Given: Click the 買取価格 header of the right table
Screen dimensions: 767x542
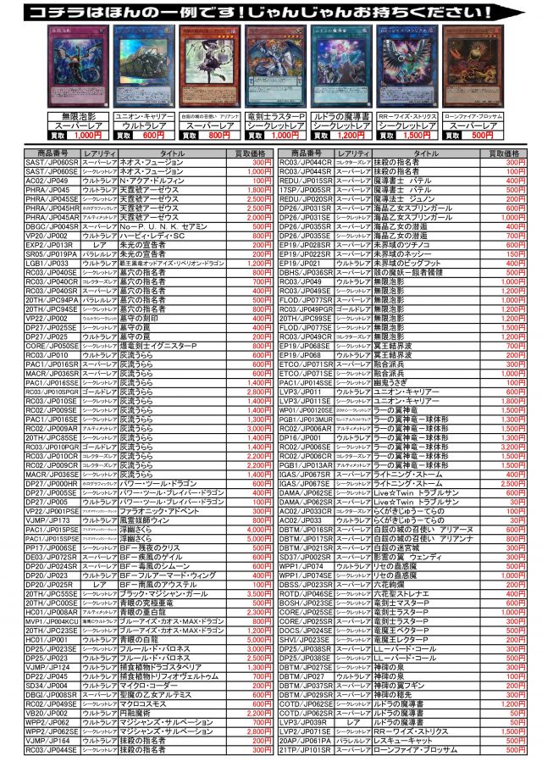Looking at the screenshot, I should (x=505, y=153).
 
